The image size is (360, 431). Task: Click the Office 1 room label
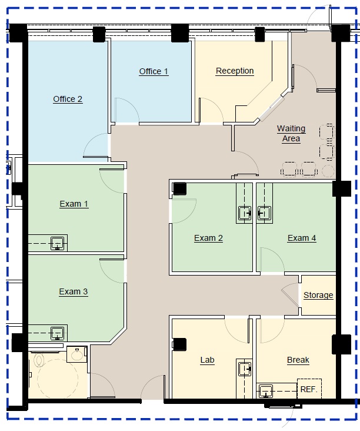coord(154,71)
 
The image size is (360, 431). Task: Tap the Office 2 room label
coord(68,100)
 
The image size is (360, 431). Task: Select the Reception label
coord(235,71)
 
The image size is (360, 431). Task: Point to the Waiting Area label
coord(291,134)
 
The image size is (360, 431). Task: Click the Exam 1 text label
coord(74,204)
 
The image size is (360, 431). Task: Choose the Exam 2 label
coord(208,238)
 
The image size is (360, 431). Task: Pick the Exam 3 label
coord(74,291)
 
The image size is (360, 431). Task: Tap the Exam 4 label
coord(302,238)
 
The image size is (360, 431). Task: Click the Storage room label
coord(318,295)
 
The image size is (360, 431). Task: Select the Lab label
coord(207,360)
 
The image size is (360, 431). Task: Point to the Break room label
coord(298,360)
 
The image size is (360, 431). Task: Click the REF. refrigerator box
coord(309,389)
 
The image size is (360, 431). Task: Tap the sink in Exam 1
coord(58,244)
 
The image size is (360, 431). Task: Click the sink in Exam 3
coord(58,333)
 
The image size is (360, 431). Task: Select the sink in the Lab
coord(245,369)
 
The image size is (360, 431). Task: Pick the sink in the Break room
coord(266,391)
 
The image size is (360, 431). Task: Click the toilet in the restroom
coord(39,360)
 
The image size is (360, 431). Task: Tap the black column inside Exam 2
coord(179,189)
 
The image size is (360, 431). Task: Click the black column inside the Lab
coord(179,344)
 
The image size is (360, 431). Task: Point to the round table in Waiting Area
coord(328,171)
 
